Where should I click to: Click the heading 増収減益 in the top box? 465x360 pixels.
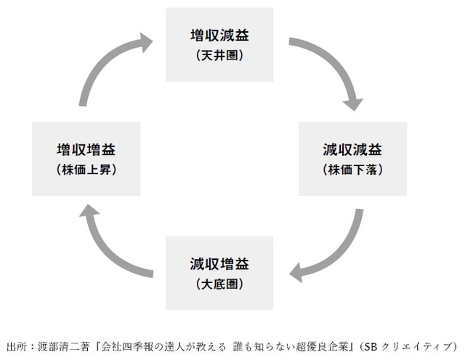click(x=219, y=36)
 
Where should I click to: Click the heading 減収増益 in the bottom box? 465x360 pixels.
click(x=219, y=262)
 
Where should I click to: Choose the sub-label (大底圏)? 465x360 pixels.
click(x=219, y=283)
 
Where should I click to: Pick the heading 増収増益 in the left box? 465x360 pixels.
click(x=86, y=150)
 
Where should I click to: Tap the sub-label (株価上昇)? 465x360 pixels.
click(x=86, y=171)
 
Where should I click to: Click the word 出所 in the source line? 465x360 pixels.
click(x=15, y=345)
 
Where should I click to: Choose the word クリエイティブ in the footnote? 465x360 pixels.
click(x=420, y=345)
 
